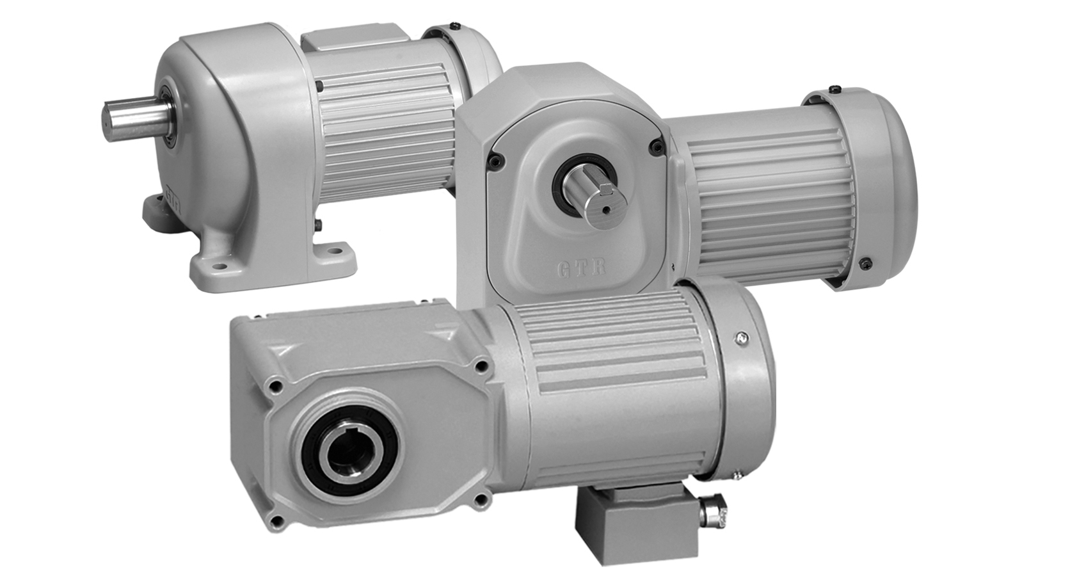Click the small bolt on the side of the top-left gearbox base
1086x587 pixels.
(x=317, y=225)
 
